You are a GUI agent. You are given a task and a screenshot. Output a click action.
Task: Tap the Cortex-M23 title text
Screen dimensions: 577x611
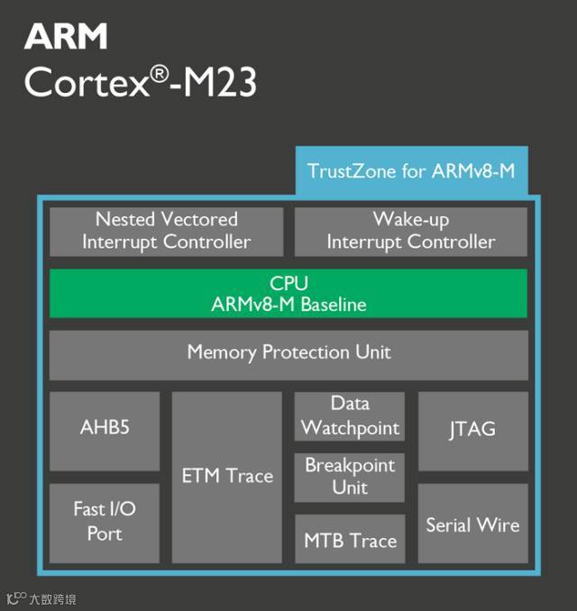click(x=141, y=84)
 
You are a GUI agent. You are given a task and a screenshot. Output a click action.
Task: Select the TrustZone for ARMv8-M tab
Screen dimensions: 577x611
click(x=411, y=171)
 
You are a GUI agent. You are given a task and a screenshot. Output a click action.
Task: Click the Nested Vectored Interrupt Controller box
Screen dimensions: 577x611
click(x=167, y=231)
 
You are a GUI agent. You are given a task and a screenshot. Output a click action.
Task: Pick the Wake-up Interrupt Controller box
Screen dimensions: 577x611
click(x=411, y=231)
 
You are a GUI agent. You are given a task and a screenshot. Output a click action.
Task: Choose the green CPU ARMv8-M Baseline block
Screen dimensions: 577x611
click(x=288, y=294)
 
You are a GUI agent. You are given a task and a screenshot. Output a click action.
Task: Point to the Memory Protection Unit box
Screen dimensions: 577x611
click(x=288, y=352)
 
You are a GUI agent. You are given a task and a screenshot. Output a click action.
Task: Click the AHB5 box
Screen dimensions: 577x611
click(x=105, y=428)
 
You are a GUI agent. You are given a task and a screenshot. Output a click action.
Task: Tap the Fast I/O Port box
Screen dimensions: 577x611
click(x=105, y=522)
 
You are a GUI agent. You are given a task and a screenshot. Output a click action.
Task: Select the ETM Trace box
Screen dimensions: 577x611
click(x=227, y=476)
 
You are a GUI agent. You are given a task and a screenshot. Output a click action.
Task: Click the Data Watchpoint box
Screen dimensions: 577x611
click(x=350, y=416)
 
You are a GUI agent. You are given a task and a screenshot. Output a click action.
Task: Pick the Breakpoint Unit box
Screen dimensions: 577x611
click(x=350, y=477)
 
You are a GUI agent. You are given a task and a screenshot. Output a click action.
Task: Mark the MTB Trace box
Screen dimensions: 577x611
click(x=350, y=541)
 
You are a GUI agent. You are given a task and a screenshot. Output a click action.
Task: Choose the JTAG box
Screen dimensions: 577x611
click(x=472, y=430)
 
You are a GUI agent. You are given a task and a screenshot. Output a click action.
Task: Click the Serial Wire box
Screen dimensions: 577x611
click(x=472, y=524)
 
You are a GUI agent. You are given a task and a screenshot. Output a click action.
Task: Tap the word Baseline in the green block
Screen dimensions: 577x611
click(x=333, y=305)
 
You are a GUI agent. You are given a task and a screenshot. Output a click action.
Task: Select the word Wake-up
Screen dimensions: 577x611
click(x=411, y=220)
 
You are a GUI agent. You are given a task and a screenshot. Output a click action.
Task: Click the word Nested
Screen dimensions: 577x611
click(x=125, y=220)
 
